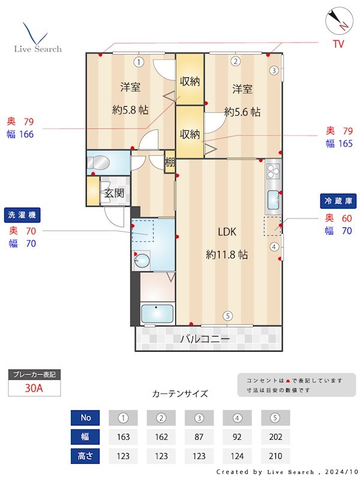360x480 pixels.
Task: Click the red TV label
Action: point(338,44)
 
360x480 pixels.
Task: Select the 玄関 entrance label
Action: point(114,193)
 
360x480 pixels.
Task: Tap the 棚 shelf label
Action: point(170,163)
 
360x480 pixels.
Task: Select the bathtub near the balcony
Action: point(157,314)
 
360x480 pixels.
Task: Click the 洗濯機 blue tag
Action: point(22,215)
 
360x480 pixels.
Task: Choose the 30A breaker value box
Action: point(34,388)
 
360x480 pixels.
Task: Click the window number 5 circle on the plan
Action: point(227,316)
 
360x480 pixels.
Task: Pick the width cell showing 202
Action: point(275,436)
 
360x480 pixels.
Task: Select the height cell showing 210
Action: point(275,455)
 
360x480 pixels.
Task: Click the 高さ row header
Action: point(85,455)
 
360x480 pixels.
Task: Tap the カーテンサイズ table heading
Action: point(180,394)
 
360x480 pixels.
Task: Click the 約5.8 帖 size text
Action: point(130,110)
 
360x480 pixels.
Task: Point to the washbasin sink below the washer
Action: point(143,260)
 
